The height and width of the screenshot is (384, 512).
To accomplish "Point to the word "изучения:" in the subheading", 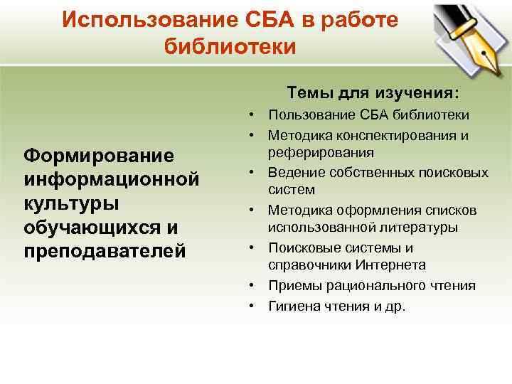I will pos(422,93).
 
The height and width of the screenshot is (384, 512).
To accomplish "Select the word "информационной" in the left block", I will pos(110,178).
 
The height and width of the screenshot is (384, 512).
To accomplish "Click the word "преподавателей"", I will pos(104,251).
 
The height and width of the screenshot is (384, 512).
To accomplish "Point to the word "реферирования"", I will pos(320,152).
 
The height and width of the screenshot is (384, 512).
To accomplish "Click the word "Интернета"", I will pos(383,265).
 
